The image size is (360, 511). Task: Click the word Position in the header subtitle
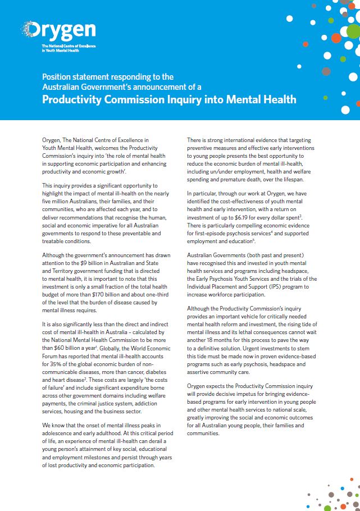point(58,77)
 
